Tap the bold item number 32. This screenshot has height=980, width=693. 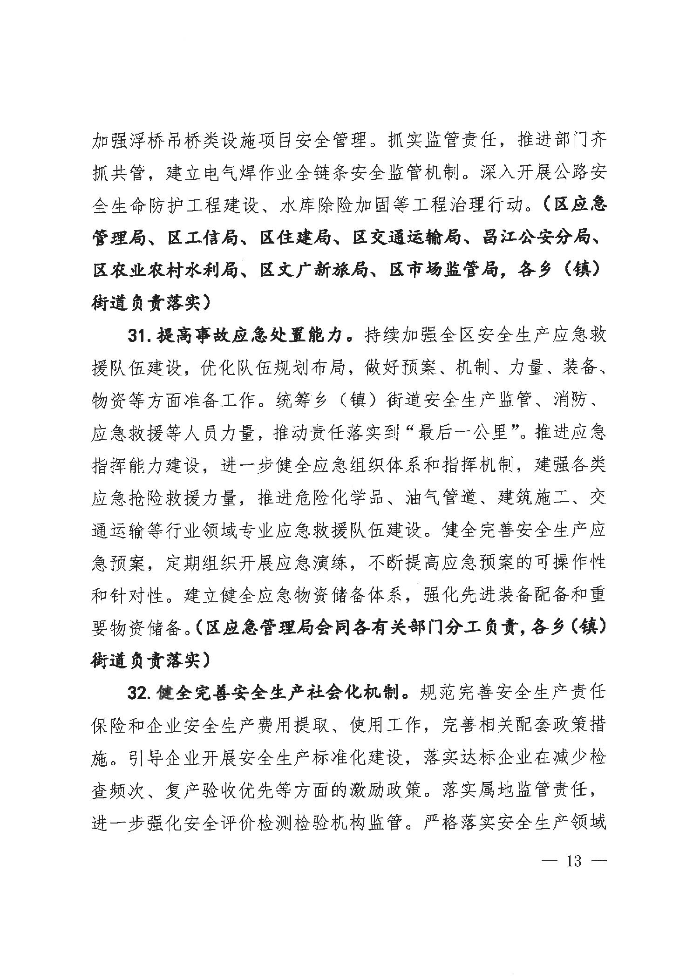[138, 693]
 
